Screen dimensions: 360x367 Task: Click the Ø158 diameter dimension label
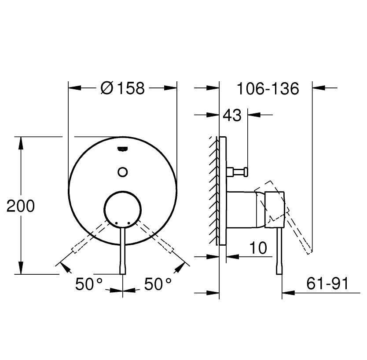pyautogui.click(x=122, y=88)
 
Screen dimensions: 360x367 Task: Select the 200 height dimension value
pyautogui.click(x=21, y=206)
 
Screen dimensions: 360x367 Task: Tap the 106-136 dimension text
pyautogui.click(x=268, y=88)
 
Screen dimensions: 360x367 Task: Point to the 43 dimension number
pyautogui.click(x=232, y=116)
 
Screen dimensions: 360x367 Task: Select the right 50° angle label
pyautogui.click(x=158, y=284)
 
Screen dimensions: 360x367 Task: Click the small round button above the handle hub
pyautogui.click(x=123, y=171)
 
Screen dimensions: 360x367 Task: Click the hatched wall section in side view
pyautogui.click(x=214, y=189)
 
